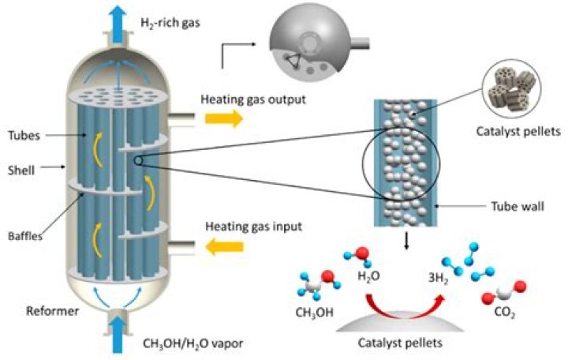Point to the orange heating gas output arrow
[219, 118]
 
